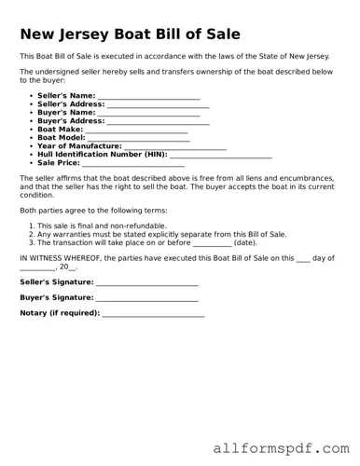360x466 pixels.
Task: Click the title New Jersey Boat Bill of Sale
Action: coord(130,34)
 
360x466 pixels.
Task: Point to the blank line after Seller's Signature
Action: coord(147,282)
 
